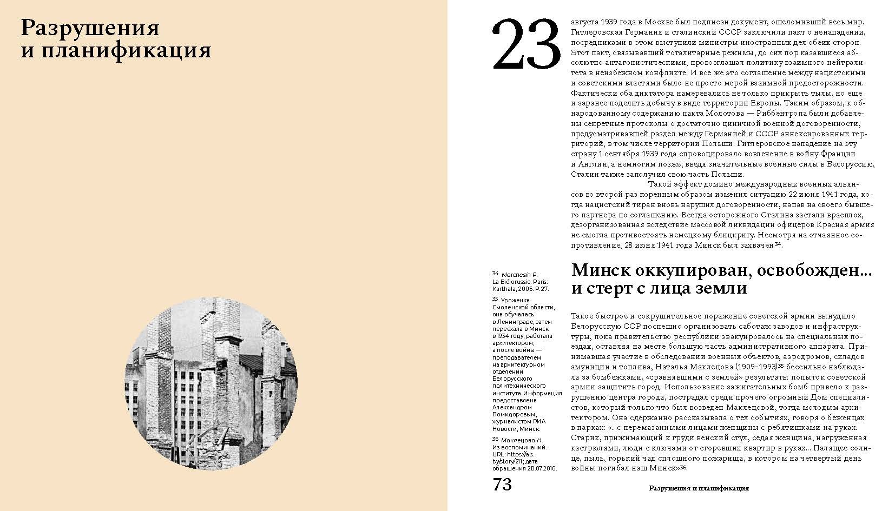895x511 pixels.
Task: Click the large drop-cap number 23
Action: (x=525, y=45)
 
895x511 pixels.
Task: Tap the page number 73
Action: (x=502, y=484)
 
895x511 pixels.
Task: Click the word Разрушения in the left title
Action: (x=90, y=28)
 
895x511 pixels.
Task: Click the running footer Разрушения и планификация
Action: (x=699, y=488)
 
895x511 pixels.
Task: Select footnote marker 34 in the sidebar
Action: (x=495, y=274)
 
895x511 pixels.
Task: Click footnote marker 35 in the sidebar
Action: (x=495, y=298)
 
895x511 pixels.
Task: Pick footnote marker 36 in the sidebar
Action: (x=495, y=439)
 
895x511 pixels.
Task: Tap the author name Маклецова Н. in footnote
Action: (x=521, y=440)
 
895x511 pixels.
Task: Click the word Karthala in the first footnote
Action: (x=503, y=289)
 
